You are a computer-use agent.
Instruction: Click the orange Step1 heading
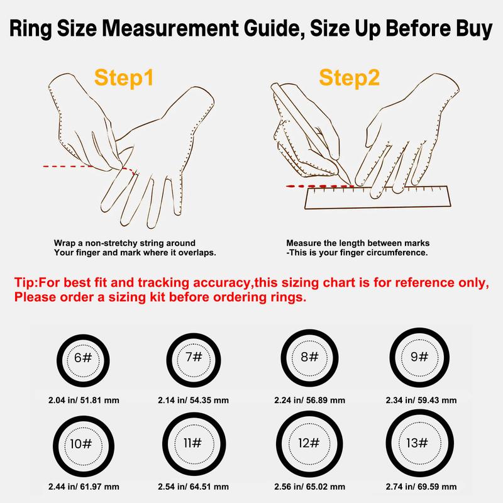[x=124, y=78]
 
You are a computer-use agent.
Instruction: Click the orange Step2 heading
[x=350, y=78]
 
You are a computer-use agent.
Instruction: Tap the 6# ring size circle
[x=59, y=360]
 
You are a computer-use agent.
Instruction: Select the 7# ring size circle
[x=169, y=360]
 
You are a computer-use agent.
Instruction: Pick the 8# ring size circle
[x=284, y=358]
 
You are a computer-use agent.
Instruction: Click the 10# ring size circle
[x=56, y=446]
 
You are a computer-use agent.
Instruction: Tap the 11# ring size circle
[x=165, y=445]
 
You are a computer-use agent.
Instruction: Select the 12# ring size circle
[x=280, y=444]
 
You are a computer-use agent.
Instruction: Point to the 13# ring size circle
[x=389, y=443]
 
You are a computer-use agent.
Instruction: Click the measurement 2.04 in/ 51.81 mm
[x=84, y=401]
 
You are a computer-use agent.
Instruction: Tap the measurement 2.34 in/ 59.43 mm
[x=421, y=401]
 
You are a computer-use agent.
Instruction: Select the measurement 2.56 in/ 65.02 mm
[x=309, y=487]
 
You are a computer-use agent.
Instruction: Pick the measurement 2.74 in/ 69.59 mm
[x=421, y=487]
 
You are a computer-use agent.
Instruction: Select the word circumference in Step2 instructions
[x=399, y=253]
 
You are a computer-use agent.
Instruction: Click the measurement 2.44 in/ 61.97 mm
[x=84, y=487]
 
